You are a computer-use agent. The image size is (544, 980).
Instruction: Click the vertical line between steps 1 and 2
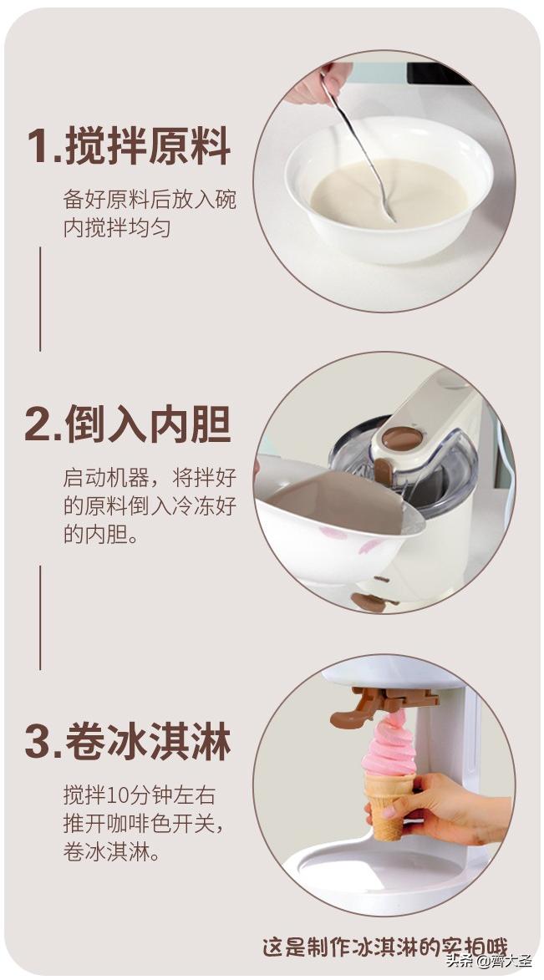[39, 298]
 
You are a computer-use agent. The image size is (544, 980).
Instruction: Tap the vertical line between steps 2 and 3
[39, 617]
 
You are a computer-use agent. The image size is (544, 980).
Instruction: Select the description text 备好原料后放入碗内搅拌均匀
[150, 214]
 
